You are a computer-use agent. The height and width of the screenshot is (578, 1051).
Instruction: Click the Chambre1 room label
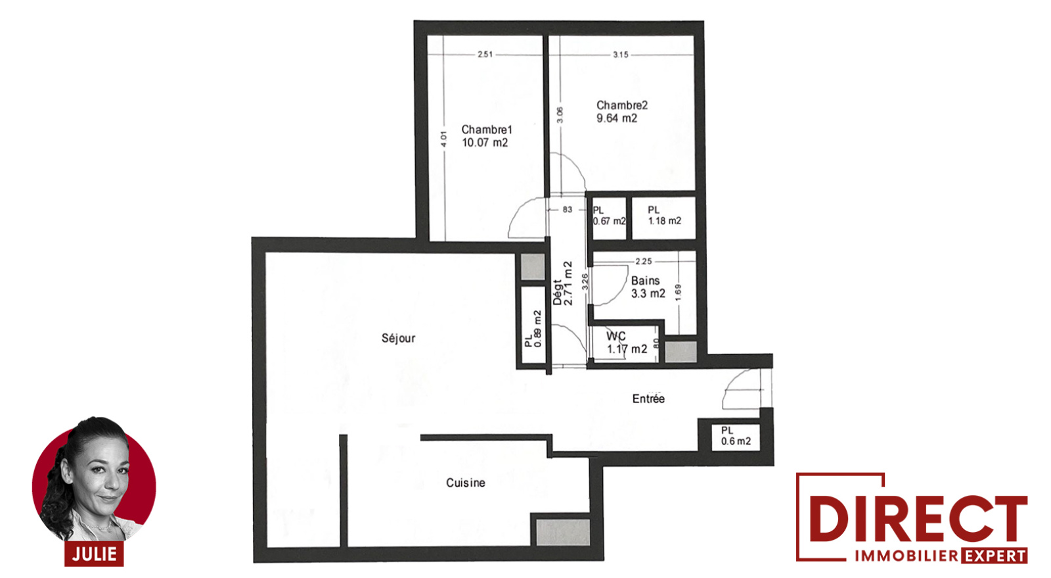(487, 136)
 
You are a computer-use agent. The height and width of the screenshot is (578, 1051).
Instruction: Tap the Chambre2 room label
(621, 112)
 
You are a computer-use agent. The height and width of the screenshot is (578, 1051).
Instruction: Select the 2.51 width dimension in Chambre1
(485, 55)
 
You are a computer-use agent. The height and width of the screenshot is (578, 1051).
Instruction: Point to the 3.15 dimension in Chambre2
(620, 55)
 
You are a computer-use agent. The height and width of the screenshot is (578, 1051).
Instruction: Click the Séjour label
(398, 338)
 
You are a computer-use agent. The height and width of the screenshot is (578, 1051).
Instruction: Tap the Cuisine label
(466, 483)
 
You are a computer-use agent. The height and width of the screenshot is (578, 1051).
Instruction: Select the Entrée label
(648, 398)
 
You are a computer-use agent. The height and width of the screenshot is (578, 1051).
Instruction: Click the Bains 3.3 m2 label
(648, 287)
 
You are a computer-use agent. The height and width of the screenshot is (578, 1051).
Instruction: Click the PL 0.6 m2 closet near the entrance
(736, 436)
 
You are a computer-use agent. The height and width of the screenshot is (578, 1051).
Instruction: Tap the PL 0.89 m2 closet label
(533, 329)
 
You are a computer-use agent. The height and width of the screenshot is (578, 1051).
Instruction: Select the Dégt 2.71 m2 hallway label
(562, 283)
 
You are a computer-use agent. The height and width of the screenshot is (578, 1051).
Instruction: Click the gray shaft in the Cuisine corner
(562, 533)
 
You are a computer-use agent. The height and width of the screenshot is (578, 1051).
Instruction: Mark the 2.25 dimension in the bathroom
(643, 262)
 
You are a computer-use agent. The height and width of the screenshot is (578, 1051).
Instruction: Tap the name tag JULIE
(95, 554)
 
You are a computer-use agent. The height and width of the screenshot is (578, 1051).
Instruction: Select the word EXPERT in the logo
(994, 556)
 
